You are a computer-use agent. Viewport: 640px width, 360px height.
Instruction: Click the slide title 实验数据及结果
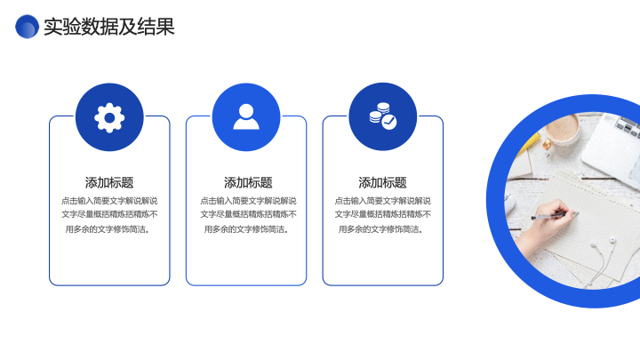pyautogui.click(x=109, y=27)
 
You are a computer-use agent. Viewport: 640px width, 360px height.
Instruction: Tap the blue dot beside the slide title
pyautogui.click(x=27, y=27)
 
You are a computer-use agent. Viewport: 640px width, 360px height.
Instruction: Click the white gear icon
pyautogui.click(x=109, y=118)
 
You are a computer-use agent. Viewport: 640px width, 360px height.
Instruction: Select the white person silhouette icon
pyautogui.click(x=246, y=116)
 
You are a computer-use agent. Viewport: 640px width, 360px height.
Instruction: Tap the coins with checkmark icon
pyautogui.click(x=383, y=116)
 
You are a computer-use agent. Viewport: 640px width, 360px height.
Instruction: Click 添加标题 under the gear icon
pyautogui.click(x=109, y=182)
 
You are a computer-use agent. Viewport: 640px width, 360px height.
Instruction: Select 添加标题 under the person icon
pyautogui.click(x=248, y=182)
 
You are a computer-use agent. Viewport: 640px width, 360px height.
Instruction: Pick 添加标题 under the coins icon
pyautogui.click(x=382, y=182)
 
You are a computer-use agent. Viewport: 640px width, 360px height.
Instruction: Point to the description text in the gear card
pyautogui.click(x=109, y=215)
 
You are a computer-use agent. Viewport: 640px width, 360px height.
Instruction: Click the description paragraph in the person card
pyautogui.click(x=248, y=215)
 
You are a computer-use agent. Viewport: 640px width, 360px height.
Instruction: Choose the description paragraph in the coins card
pyautogui.click(x=382, y=215)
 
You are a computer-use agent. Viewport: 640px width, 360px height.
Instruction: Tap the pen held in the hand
pyautogui.click(x=555, y=215)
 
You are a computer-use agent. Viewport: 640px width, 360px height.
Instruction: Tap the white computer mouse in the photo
pyautogui.click(x=509, y=204)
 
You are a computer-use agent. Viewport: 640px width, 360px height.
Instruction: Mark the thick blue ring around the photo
pyautogui.click(x=496, y=200)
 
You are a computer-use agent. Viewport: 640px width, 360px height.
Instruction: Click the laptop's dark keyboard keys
pyautogui.click(x=628, y=125)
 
